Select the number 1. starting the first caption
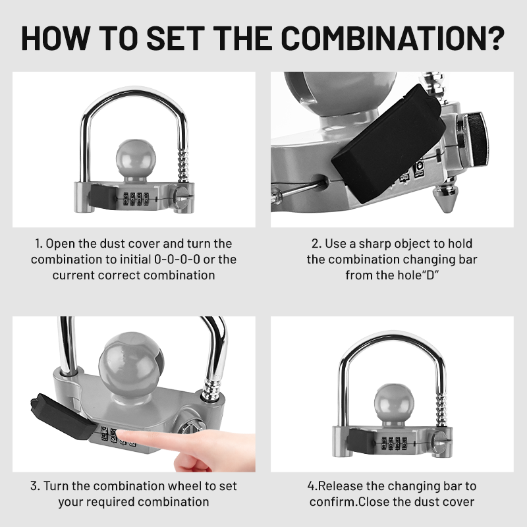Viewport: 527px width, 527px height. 38,244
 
